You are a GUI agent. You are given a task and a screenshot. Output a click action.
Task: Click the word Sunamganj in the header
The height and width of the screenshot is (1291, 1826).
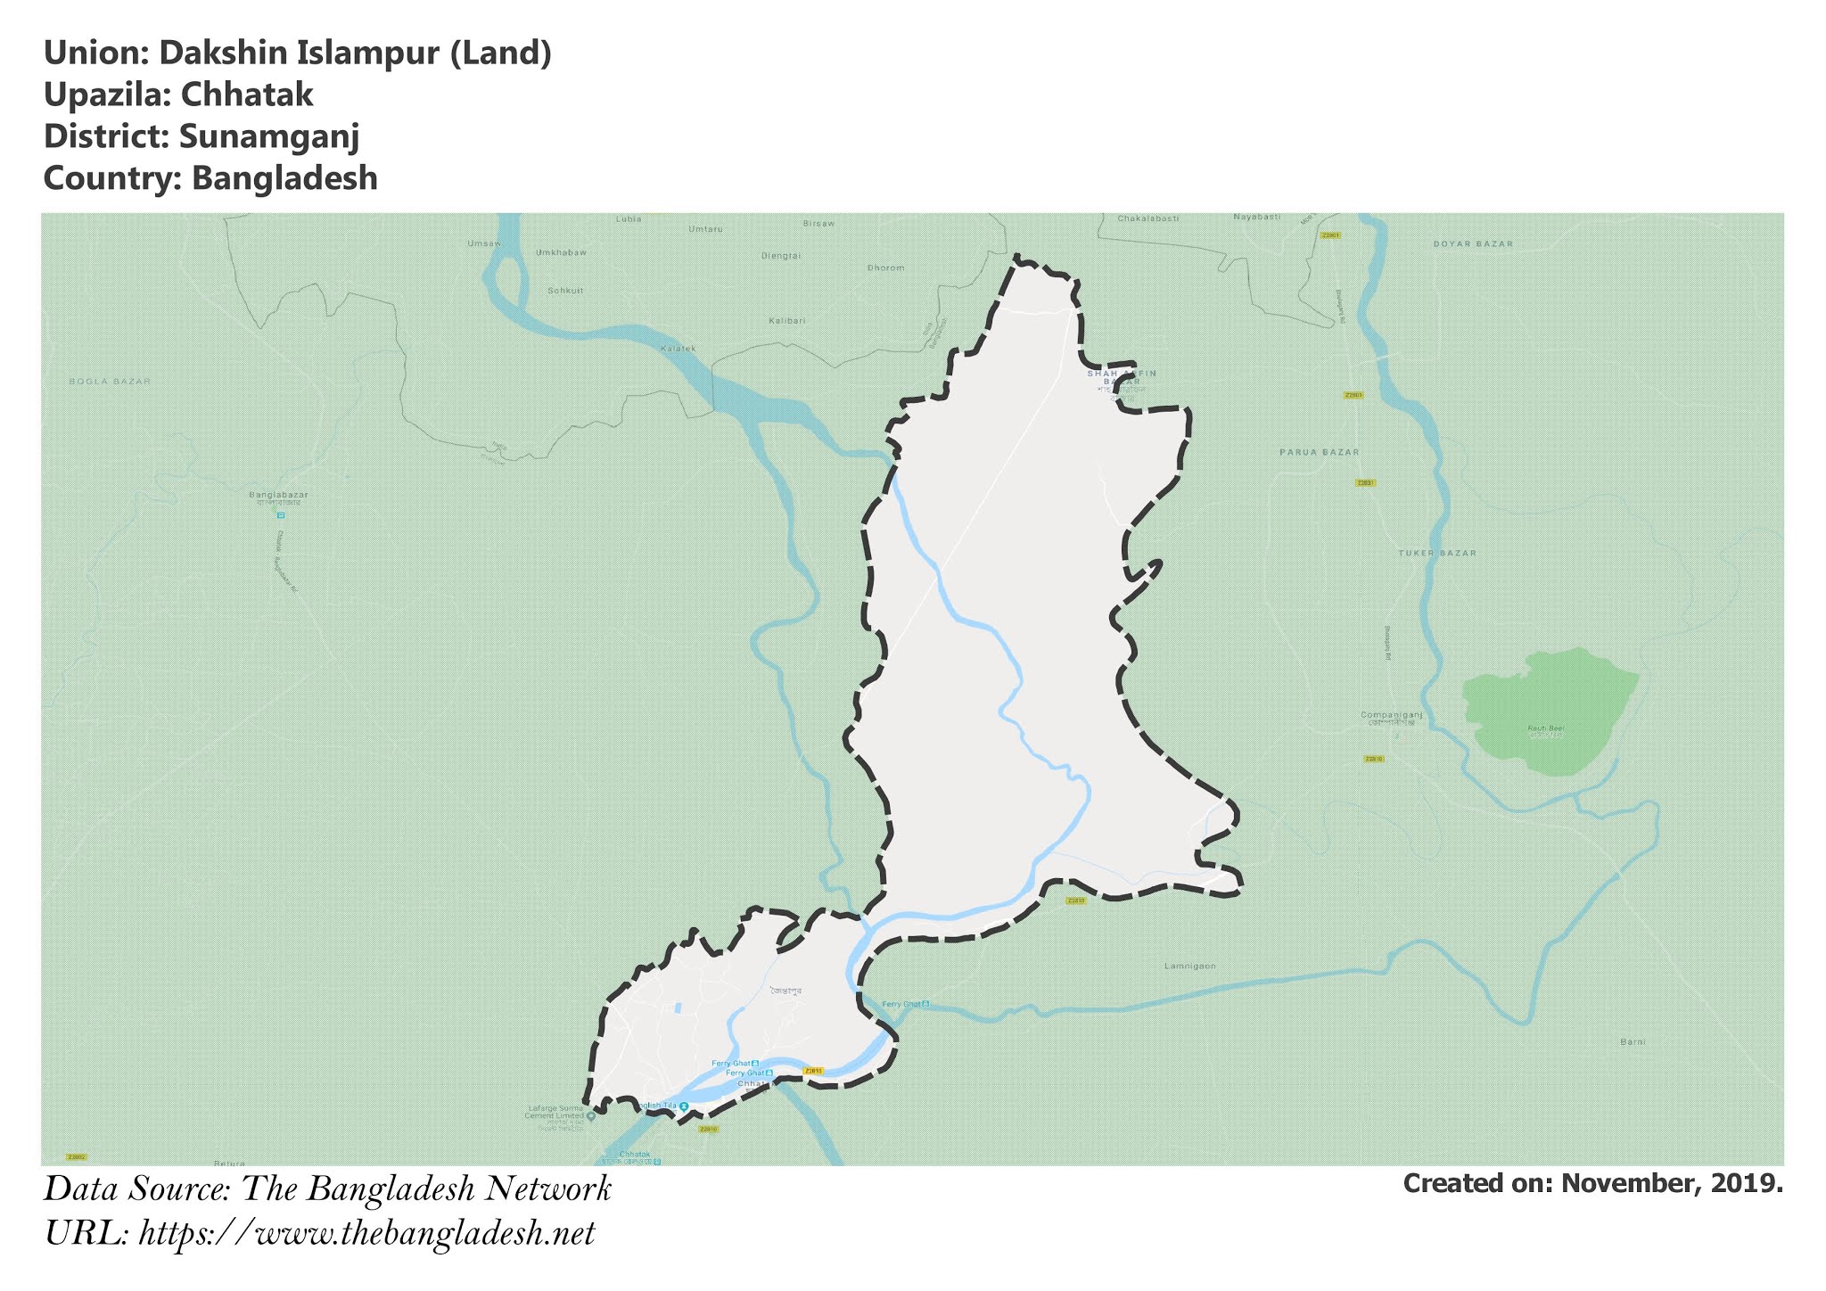click(269, 136)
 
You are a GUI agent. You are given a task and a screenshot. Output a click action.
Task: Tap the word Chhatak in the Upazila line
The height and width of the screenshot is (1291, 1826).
click(246, 95)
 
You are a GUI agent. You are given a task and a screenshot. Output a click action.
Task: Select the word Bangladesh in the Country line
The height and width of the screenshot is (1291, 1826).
click(284, 178)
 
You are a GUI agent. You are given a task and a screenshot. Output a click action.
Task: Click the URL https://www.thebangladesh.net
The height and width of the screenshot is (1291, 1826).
click(366, 1234)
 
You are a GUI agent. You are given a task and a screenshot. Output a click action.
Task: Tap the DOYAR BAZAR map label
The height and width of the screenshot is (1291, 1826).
click(1473, 243)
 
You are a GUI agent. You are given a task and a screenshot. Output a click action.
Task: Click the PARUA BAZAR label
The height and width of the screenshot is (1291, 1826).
click(1320, 452)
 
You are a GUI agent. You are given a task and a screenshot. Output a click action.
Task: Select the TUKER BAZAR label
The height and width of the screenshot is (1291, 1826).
click(1437, 553)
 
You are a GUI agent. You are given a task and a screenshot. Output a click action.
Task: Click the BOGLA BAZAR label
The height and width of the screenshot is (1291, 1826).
click(110, 381)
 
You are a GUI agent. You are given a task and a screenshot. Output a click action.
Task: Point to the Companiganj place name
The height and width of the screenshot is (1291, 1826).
click(1391, 715)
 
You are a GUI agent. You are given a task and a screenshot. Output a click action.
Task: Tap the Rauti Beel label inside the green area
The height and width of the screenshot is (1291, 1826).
click(1546, 728)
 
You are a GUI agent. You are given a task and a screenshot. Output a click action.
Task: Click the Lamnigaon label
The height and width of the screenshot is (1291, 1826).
click(1189, 966)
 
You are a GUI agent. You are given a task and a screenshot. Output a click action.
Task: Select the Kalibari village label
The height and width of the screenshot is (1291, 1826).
click(786, 320)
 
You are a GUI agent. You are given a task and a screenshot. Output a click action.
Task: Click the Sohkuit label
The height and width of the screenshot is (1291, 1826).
click(565, 291)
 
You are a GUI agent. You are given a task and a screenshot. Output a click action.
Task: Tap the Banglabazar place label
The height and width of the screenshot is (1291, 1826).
click(278, 494)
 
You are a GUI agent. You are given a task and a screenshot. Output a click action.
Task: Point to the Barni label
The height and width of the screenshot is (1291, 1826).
click(1633, 1041)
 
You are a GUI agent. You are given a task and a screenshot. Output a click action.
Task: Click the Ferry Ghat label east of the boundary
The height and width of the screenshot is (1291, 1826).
click(901, 1004)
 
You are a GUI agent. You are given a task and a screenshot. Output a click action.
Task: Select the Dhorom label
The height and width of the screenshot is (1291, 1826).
click(885, 267)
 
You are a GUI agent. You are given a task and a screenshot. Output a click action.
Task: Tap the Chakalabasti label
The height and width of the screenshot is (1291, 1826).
click(1148, 218)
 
